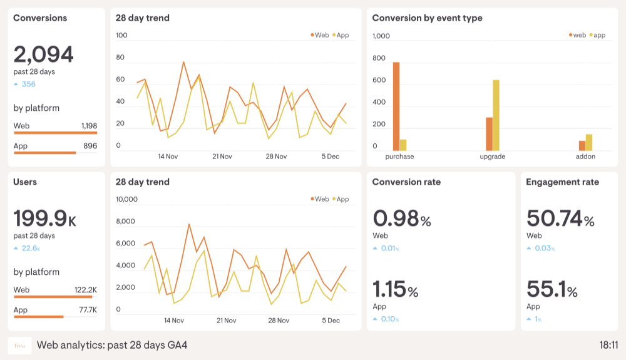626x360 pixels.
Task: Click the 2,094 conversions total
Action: click(43, 55)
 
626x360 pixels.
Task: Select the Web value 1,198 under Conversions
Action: click(89, 126)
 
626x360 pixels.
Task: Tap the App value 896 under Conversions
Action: click(90, 146)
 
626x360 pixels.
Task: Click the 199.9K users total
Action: click(44, 219)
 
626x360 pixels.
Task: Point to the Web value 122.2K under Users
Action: click(86, 290)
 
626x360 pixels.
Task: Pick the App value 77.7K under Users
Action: click(88, 310)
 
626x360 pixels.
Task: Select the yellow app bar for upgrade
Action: click(496, 115)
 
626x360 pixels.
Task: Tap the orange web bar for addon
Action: click(582, 145)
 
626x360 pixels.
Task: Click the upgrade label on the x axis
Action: click(492, 157)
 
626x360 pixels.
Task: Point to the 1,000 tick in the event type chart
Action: click(381, 36)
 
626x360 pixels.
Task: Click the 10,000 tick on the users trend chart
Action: click(126, 200)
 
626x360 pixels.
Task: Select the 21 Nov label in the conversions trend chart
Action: click(222, 157)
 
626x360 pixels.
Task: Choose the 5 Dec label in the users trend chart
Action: click(331, 321)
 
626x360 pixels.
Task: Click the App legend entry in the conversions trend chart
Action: click(341, 35)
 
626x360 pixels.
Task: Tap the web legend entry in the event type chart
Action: click(577, 35)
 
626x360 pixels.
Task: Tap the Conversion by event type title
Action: click(427, 18)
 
